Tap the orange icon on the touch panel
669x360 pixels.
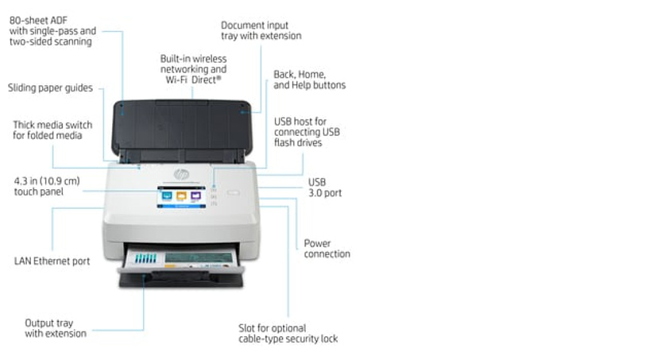tap(181, 194)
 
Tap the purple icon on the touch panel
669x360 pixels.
tap(195, 194)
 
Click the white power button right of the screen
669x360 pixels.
tap(232, 192)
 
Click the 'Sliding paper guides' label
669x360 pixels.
tap(50, 87)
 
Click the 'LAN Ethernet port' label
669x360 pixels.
tap(52, 261)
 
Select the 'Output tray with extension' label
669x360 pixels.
tap(55, 328)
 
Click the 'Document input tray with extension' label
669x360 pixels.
tap(261, 30)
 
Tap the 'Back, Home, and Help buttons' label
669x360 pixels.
tap(309, 79)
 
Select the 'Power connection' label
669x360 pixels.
tap(327, 249)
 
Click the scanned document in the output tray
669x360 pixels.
tap(199, 260)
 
